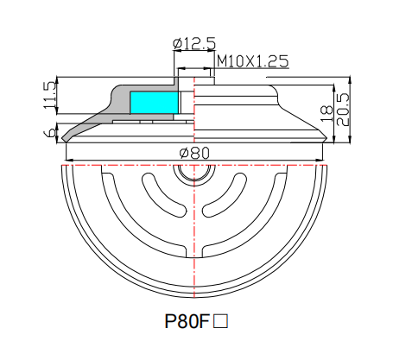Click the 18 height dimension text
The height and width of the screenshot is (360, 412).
pyautogui.click(x=326, y=110)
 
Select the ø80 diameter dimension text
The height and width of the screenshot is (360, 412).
pyautogui.click(x=195, y=153)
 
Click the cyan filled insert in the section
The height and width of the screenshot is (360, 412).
pyautogui.click(x=153, y=101)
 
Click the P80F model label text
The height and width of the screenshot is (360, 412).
pyautogui.click(x=187, y=322)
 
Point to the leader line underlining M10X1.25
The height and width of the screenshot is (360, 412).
pyautogui.click(x=250, y=68)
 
